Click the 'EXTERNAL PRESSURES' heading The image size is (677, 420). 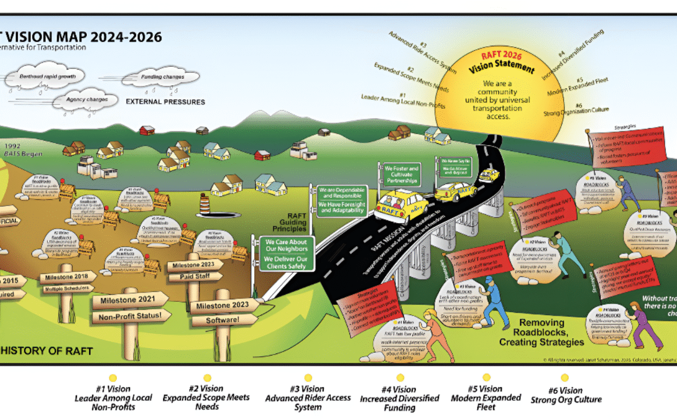point(165,102)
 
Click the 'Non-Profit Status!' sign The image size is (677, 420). point(131,316)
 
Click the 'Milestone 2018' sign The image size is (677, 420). point(67,277)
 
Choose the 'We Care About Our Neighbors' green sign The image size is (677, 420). point(286,245)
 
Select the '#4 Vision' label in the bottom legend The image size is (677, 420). point(399,389)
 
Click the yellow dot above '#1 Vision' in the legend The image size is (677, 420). point(113,378)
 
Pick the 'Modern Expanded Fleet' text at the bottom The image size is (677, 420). point(486,398)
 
